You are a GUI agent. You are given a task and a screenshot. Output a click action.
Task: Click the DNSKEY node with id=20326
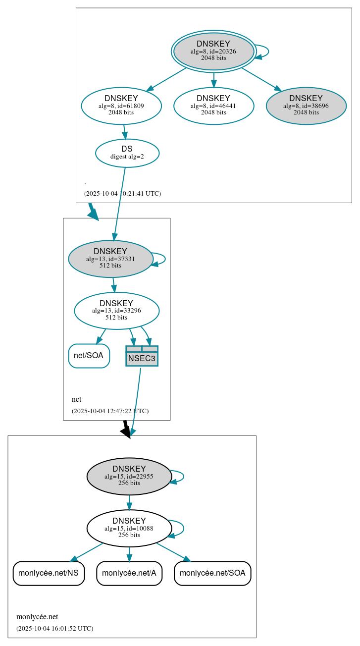coord(213,51)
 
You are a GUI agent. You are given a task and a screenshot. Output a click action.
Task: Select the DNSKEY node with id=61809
coord(121,106)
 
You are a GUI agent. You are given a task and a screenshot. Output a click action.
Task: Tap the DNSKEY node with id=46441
coord(213,106)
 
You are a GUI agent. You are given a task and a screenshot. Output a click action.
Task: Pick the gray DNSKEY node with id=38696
coord(306,106)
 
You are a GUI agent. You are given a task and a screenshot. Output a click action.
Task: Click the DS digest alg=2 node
coord(127,153)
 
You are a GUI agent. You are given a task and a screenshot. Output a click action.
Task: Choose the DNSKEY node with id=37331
coord(110,259)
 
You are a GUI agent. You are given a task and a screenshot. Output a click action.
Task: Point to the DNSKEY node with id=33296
coord(116,311)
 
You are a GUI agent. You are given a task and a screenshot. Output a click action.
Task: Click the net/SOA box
coord(89,356)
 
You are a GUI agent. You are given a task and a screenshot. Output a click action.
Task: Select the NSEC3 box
coord(142,356)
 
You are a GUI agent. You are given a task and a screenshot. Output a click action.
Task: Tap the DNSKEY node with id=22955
coord(129,476)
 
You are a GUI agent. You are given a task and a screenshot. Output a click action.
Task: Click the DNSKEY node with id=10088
coord(129,528)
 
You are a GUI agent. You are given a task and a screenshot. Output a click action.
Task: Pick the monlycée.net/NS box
coord(49,573)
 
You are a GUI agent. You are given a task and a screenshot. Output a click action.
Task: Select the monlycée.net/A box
coord(129,573)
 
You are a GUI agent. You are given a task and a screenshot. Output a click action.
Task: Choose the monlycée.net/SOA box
coord(212,573)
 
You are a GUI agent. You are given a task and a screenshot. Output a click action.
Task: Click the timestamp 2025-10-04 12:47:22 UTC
coord(110,411)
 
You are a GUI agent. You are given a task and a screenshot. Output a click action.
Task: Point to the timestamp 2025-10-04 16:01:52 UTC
coord(54,629)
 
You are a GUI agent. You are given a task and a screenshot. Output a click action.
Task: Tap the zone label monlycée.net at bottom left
coord(37,617)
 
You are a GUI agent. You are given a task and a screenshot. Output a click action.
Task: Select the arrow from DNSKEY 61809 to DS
coord(125,132)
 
